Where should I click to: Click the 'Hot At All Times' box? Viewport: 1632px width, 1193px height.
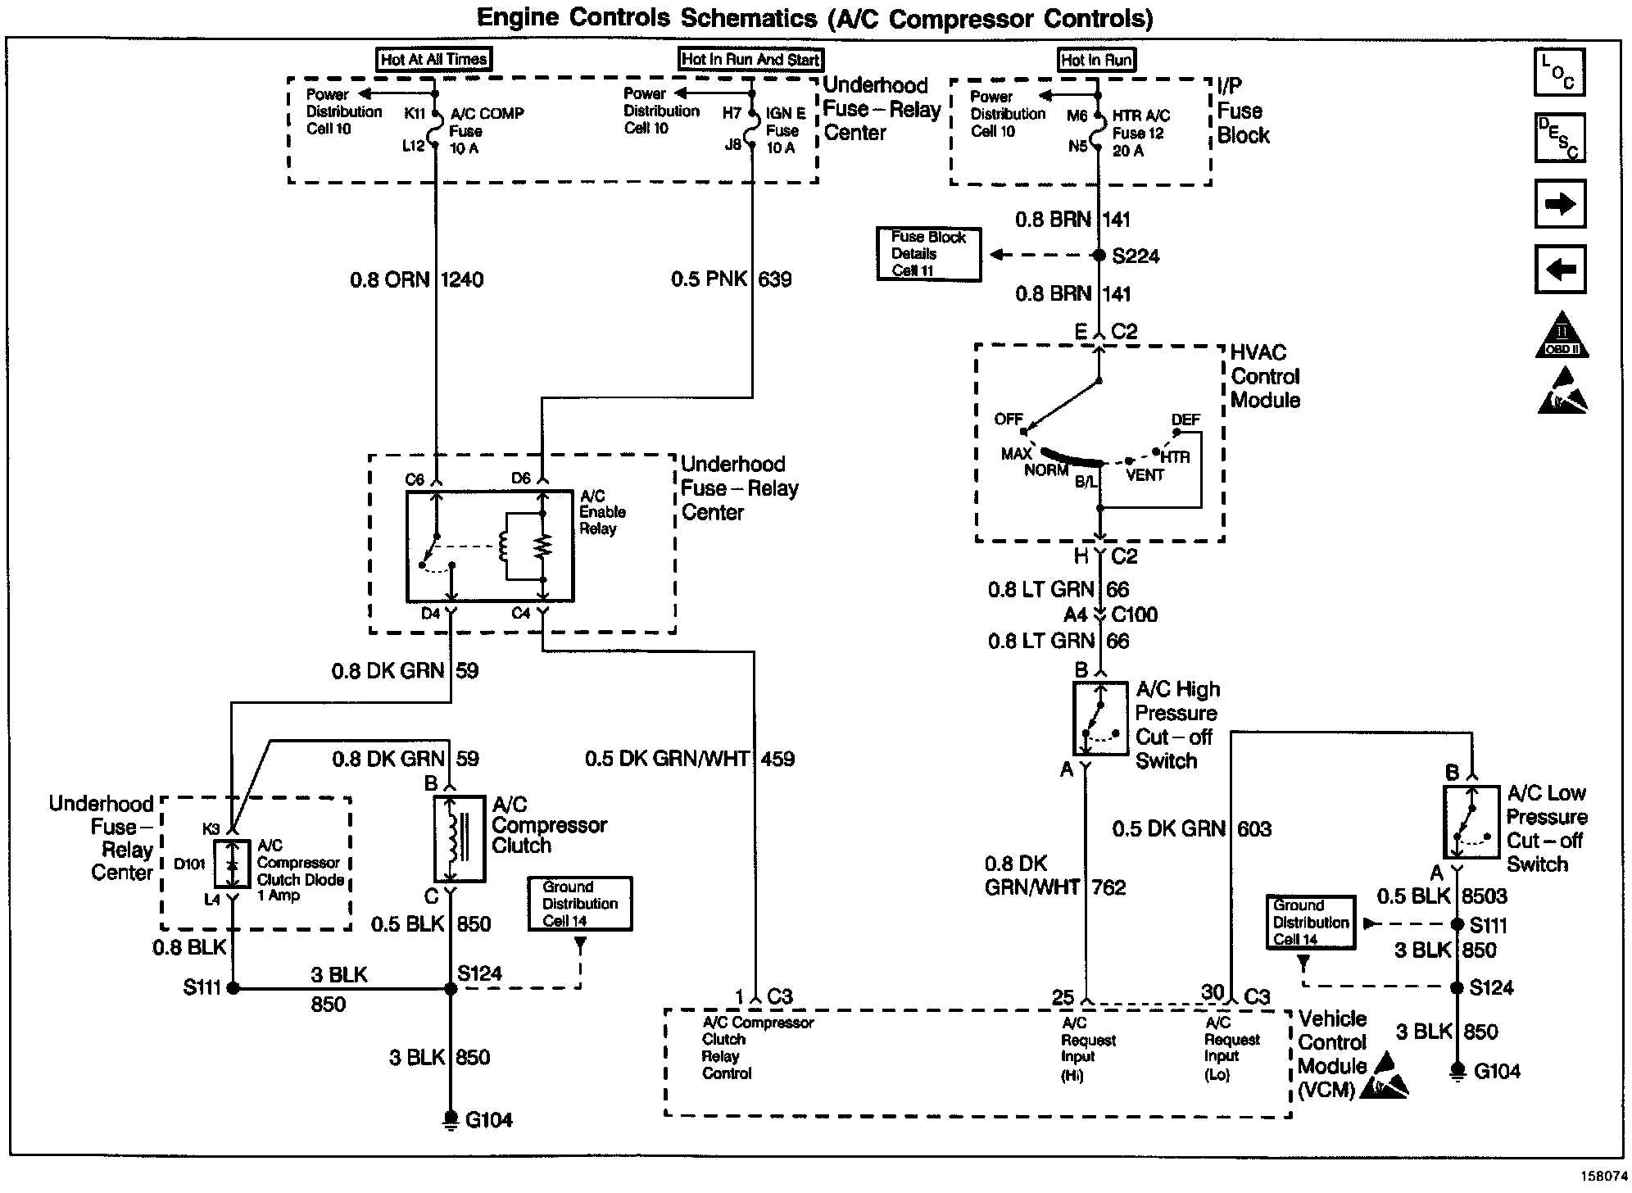[x=434, y=59]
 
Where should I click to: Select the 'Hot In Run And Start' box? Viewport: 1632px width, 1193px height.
[x=750, y=59]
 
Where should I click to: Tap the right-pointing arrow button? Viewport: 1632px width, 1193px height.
[x=1560, y=203]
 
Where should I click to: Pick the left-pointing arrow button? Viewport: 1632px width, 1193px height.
[x=1560, y=269]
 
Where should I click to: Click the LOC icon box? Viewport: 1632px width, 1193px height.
[x=1560, y=72]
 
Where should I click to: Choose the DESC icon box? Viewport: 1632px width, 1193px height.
[x=1560, y=138]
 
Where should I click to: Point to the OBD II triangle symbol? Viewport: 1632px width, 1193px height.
[x=1562, y=336]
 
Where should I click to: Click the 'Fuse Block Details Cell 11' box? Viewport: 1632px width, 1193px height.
[x=929, y=254]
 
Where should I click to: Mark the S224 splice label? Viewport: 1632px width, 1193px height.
[x=1136, y=256]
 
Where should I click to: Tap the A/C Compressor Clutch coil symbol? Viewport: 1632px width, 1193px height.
[x=459, y=838]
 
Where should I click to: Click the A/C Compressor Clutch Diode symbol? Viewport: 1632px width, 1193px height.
[x=233, y=864]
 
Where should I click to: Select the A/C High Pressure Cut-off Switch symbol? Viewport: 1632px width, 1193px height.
[x=1100, y=719]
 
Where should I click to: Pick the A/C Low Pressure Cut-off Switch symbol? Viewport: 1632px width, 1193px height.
[x=1471, y=823]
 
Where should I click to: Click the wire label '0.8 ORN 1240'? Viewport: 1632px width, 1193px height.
[x=416, y=280]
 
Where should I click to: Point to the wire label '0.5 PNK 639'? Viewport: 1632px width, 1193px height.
[x=732, y=280]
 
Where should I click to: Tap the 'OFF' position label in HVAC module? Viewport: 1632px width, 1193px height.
[x=1009, y=420]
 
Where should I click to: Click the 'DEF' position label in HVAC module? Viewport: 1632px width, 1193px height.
[x=1185, y=420]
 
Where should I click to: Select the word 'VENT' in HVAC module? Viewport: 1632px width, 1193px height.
[x=1145, y=475]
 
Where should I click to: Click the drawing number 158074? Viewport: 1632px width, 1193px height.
[x=1603, y=1176]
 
